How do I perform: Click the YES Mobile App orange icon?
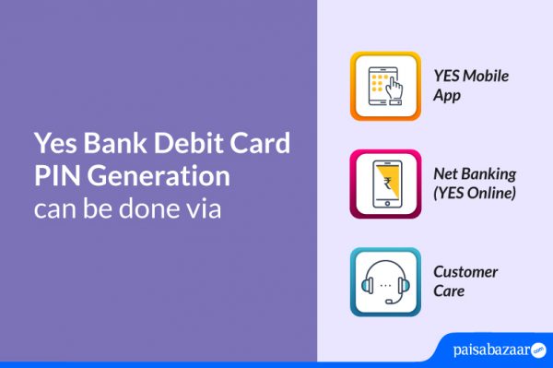385,86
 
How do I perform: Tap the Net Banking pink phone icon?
385,184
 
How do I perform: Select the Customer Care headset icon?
385,281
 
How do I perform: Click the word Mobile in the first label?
486,77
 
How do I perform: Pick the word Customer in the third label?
465,272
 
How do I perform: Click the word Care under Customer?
450,291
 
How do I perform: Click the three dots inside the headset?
385,284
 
